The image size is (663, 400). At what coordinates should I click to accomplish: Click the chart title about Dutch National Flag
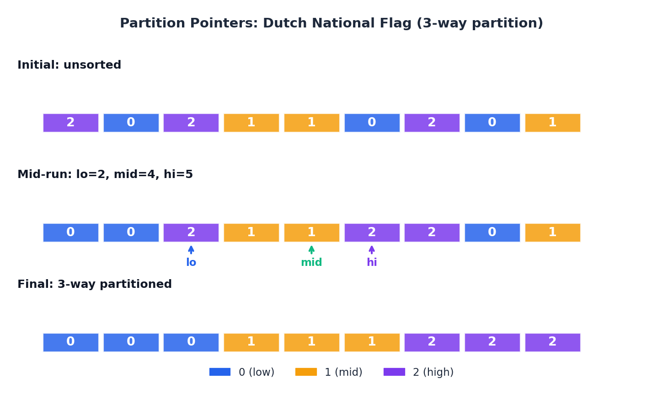[x=331, y=23]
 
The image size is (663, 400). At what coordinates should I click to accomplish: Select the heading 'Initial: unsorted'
[x=69, y=65]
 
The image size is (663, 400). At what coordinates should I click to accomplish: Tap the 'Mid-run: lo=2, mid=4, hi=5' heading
[x=105, y=174]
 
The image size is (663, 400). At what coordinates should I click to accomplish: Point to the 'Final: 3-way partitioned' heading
[x=94, y=284]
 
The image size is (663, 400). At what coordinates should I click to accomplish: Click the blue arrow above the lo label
[x=191, y=250]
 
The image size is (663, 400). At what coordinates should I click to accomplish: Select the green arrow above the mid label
[x=311, y=250]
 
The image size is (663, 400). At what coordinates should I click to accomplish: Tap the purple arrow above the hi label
[x=372, y=250]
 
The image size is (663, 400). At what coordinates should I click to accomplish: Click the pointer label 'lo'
[x=191, y=262]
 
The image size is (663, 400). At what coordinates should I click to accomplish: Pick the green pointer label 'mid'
[x=311, y=262]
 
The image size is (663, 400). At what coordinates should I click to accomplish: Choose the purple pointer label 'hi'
[x=372, y=262]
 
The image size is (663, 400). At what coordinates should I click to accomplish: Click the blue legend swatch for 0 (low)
[x=220, y=372]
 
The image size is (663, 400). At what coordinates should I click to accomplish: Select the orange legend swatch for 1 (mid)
[x=306, y=372]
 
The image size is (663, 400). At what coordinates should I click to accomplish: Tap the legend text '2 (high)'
[x=433, y=372]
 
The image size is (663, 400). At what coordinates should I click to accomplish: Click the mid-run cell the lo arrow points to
[x=191, y=232]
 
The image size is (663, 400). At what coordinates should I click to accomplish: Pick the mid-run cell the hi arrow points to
[x=372, y=232]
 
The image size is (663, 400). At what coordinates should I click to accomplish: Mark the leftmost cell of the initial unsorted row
[x=71, y=123]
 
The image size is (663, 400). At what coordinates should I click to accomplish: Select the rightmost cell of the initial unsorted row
[x=553, y=123]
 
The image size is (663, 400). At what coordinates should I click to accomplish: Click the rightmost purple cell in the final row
[x=553, y=342]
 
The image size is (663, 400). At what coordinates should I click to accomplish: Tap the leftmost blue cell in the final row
[x=71, y=342]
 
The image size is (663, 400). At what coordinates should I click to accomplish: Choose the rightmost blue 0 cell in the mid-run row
[x=492, y=232]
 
